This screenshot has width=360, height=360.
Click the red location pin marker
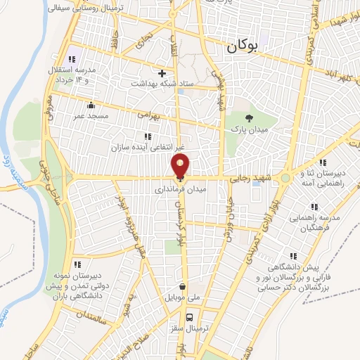(x=180, y=166)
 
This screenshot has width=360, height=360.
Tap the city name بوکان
(x=243, y=48)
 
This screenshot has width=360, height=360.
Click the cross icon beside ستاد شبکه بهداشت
(x=162, y=72)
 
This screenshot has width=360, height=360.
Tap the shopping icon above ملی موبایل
(x=183, y=287)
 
